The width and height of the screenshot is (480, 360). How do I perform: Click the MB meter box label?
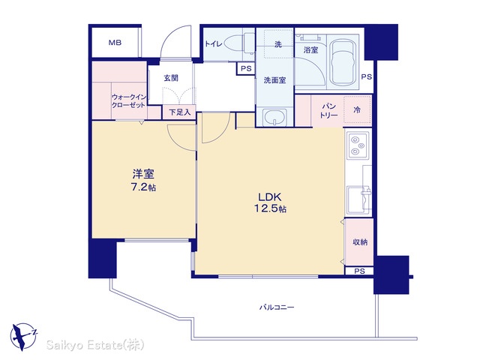click(x=115, y=43)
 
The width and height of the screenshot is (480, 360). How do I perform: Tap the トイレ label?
click(x=213, y=44)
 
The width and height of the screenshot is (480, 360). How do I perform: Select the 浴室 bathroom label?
click(x=310, y=50)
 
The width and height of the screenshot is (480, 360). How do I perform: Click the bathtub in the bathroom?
click(x=343, y=63)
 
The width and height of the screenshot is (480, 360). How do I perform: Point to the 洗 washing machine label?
click(x=278, y=44)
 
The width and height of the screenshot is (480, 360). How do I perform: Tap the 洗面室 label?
click(x=275, y=80)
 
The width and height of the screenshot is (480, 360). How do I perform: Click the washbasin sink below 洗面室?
click(x=275, y=118)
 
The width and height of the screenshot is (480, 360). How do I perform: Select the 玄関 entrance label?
click(x=171, y=78)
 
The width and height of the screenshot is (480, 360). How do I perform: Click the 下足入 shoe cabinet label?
click(x=180, y=112)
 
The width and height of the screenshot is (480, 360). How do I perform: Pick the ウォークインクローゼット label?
click(x=128, y=101)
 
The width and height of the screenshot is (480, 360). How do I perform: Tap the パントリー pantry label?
click(x=328, y=111)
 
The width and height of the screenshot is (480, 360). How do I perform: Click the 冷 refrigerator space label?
click(x=357, y=109)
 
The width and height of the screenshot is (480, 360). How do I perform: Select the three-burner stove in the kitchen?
click(x=358, y=145)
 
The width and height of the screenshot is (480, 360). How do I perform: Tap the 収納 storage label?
click(x=360, y=242)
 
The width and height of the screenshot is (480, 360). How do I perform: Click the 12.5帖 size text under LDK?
click(x=270, y=208)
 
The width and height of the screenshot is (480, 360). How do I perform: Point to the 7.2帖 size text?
click(x=143, y=187)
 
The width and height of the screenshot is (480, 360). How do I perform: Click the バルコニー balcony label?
click(x=277, y=307)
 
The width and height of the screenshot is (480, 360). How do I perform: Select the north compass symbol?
click(x=23, y=336)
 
